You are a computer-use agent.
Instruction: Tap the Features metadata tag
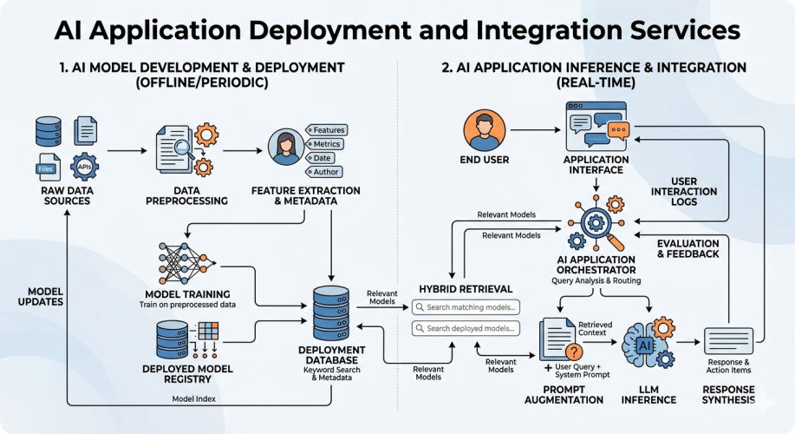328,129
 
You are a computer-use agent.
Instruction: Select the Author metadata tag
325,172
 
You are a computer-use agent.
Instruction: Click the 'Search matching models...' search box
466,306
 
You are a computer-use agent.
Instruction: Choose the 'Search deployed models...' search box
466,328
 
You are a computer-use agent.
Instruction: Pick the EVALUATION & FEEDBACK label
687,249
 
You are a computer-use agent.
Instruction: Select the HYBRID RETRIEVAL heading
466,289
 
